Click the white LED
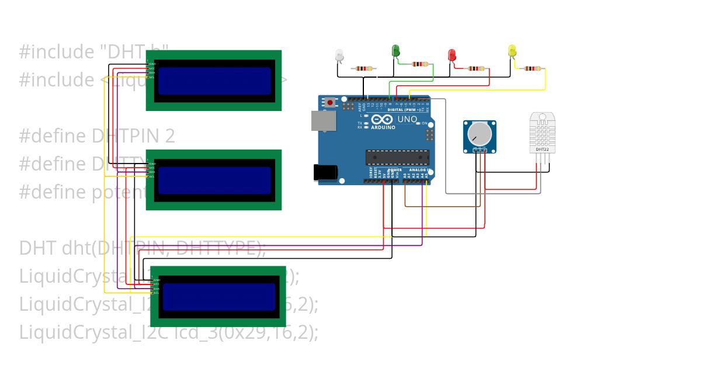pos(339,55)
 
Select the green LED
pos(395,51)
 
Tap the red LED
pos(452,55)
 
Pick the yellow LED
pos(512,51)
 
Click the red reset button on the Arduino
pos(330,102)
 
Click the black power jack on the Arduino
pos(325,172)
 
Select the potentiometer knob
pos(480,134)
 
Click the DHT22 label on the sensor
pos(542,150)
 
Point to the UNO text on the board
pos(407,119)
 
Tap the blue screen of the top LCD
pos(214,81)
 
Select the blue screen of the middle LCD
pos(214,180)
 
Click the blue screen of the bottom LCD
pos(219,297)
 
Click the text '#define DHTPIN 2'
pos(97,136)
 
